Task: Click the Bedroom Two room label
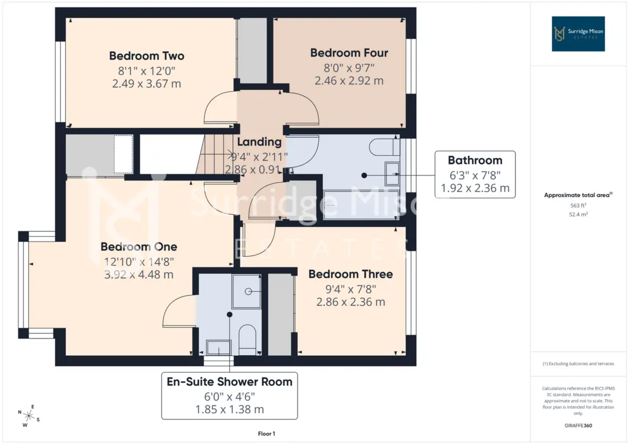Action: coord(147,56)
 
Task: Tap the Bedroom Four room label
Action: coord(349,53)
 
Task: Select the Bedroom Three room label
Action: coord(351,274)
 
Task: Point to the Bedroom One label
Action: coord(139,246)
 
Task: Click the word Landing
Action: coord(259,142)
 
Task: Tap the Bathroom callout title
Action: coord(475,160)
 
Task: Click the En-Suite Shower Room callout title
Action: coord(229,381)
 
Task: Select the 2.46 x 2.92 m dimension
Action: coord(349,80)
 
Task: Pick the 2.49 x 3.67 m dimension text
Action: coord(147,84)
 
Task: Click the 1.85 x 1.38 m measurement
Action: coord(229,410)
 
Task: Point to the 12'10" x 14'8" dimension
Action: coord(139,261)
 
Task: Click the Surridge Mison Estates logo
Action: coord(578,34)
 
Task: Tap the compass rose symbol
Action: coord(29,416)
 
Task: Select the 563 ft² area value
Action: coord(578,205)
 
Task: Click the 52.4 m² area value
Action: coord(578,214)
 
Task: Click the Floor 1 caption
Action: coord(266,433)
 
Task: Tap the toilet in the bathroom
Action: coord(384,147)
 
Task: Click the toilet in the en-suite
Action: coord(247,339)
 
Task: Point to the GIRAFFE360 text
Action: coord(578,426)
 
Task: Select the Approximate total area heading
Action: coord(578,195)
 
